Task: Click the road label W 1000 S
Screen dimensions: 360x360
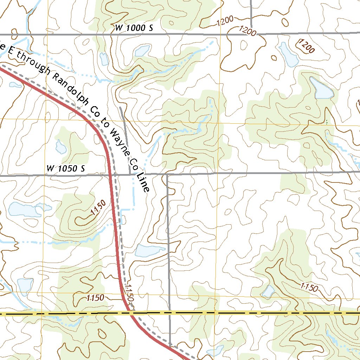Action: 134,28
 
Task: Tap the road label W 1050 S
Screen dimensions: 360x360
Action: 66,169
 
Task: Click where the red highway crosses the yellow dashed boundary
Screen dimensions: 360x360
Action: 130,313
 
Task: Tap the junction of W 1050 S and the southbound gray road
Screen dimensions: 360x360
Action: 167,174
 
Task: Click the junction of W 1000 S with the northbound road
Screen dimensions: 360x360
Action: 251,34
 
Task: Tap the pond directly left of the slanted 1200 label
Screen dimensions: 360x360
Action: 288,54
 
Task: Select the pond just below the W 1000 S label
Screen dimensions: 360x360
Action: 142,51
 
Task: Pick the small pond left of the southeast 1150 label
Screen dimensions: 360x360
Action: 268,291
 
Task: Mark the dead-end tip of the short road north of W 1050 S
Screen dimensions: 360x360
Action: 121,107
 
